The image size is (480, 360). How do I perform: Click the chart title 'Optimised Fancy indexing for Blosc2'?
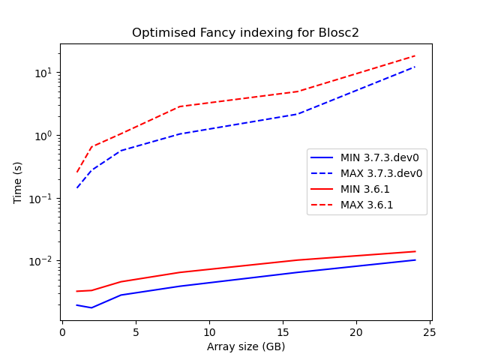[x=245, y=33]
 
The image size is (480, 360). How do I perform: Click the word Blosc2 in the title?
[x=339, y=33]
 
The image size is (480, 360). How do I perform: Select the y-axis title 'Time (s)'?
[x=18, y=182]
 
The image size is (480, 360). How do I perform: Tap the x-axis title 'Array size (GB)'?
[x=246, y=346]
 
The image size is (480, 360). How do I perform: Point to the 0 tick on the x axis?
[x=62, y=331]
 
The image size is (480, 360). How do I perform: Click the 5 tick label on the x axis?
[x=136, y=331]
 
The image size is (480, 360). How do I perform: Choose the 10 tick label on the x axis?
[x=209, y=331]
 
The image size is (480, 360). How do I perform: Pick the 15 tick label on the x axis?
[x=283, y=331]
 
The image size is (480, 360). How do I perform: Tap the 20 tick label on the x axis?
[x=356, y=331]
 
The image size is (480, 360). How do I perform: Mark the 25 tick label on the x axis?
[x=430, y=331]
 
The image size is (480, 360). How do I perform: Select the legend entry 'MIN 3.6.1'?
[x=367, y=189]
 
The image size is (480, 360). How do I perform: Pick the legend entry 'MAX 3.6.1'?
[x=368, y=205]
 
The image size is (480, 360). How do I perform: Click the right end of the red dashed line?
[x=415, y=55]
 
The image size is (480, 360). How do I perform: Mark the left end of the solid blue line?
[x=77, y=304]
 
